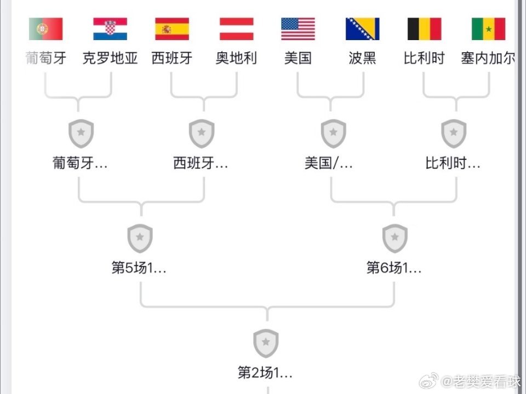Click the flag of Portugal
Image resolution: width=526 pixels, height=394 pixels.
(46, 29)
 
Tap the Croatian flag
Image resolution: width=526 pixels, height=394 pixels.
(110, 29)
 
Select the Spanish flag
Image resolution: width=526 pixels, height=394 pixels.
(172, 29)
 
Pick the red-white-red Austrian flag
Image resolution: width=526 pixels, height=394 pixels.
(237, 29)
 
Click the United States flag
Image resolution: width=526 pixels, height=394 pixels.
(298, 29)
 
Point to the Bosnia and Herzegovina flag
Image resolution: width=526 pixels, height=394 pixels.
(363, 29)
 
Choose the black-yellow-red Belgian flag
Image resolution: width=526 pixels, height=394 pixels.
(424, 29)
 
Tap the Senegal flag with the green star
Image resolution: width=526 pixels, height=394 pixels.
(488, 29)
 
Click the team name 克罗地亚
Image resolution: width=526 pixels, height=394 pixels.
(110, 58)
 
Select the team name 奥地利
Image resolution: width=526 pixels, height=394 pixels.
(237, 58)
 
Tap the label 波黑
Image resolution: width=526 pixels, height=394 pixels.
(363, 58)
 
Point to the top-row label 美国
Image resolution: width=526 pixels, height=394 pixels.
(298, 58)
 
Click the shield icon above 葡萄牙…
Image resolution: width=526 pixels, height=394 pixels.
(81, 133)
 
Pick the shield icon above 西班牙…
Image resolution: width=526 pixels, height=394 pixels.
(201, 133)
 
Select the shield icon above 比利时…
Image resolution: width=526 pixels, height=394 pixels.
(454, 133)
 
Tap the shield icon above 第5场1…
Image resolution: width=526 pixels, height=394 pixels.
(140, 238)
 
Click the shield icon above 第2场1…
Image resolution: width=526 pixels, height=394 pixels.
(266, 344)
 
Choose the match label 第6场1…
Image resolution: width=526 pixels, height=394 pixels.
(394, 268)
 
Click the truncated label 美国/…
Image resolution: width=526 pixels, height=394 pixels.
(328, 163)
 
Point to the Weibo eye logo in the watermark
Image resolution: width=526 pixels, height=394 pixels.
(428, 381)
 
